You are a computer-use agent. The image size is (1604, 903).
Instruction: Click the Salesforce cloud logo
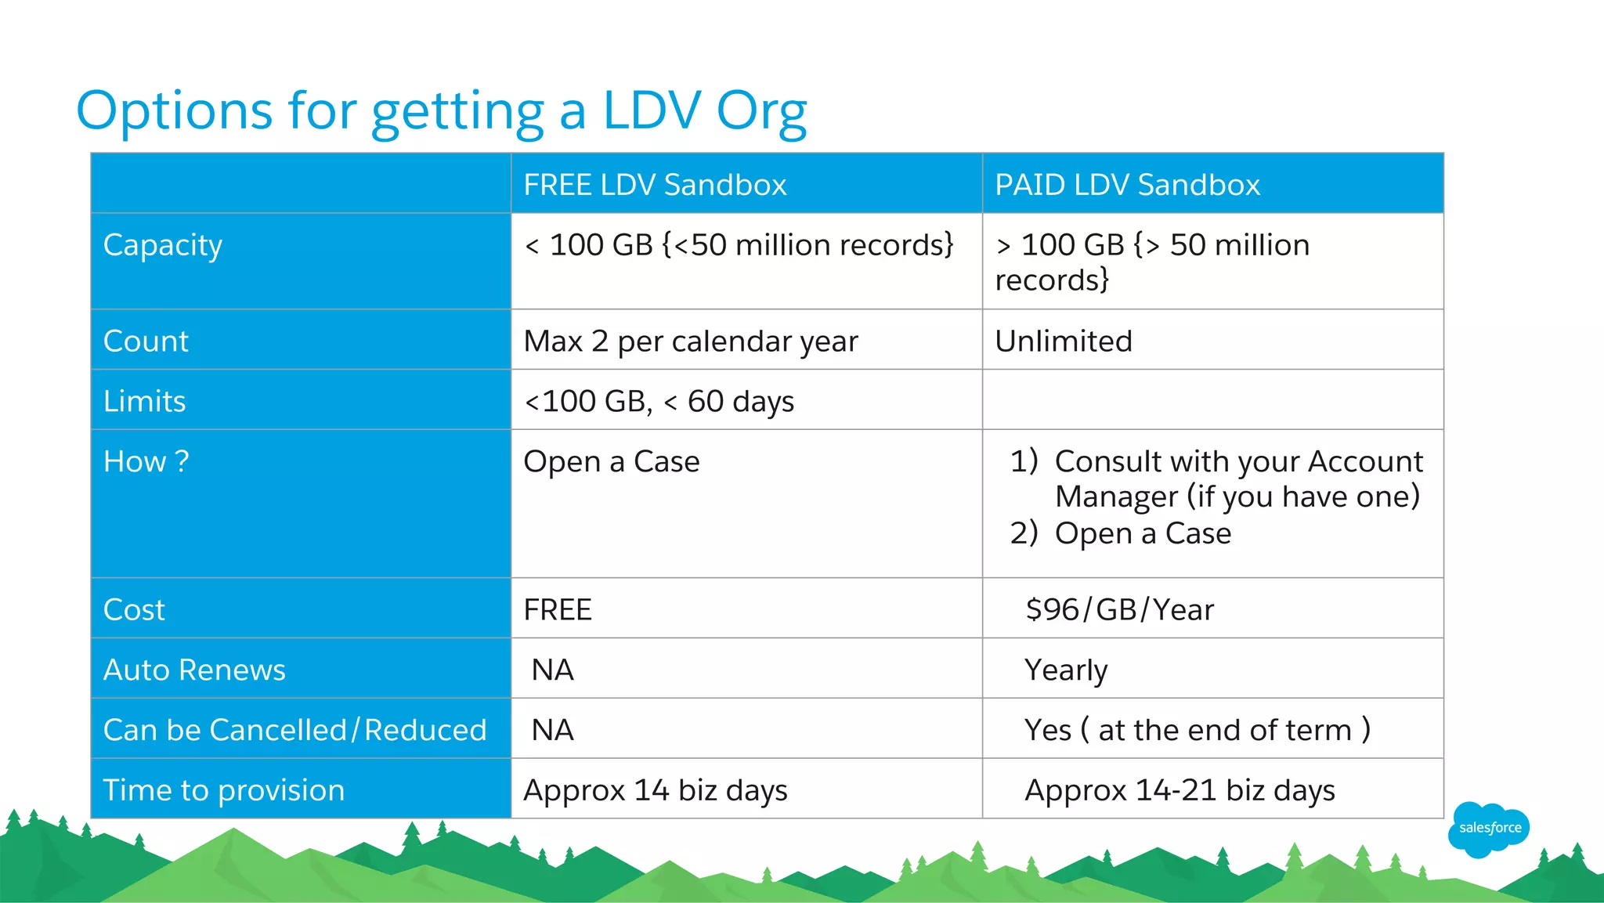[x=1489, y=829]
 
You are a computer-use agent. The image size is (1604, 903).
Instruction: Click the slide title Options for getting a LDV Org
[x=441, y=110]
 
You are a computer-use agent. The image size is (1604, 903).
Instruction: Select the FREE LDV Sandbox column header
[x=655, y=185]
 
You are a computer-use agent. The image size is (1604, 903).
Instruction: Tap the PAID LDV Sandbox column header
[x=1127, y=185]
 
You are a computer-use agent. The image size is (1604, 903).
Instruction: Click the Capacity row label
[x=163, y=245]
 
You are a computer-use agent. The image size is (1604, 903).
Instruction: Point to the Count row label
[x=146, y=341]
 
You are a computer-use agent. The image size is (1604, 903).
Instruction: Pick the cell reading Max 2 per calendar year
[x=691, y=341]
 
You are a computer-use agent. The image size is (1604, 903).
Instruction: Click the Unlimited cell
[x=1064, y=341]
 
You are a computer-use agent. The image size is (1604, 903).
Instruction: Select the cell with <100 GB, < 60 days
[x=659, y=401]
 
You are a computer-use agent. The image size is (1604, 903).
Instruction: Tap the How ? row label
[x=146, y=461]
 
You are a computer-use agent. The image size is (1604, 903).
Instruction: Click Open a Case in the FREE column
[x=612, y=461]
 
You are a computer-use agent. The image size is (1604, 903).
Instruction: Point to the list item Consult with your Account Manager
[x=1237, y=479]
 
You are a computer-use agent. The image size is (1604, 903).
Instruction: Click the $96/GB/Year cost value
[x=1119, y=609]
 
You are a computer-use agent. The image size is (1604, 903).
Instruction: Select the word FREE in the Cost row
[x=558, y=609]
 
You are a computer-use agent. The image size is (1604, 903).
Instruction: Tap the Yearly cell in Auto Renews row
[x=1066, y=670]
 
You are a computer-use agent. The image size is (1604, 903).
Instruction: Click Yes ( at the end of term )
[x=1198, y=730]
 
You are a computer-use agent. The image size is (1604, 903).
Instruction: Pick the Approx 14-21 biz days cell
[x=1180, y=790]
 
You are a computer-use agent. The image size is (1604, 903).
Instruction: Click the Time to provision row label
[x=224, y=790]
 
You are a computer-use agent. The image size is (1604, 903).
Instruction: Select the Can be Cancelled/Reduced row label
[x=295, y=730]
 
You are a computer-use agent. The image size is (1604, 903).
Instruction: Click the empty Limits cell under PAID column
[x=1212, y=400]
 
